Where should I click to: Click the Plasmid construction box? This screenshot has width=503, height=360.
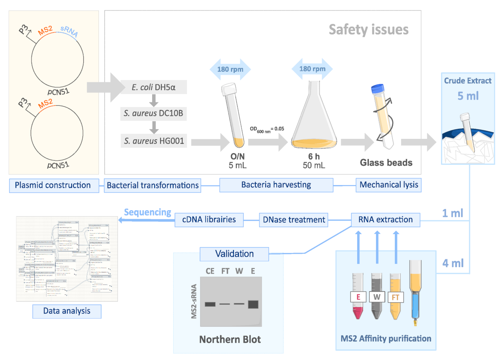point(52,185)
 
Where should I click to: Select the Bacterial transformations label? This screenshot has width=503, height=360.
point(153,185)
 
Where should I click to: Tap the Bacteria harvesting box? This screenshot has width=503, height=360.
point(276,185)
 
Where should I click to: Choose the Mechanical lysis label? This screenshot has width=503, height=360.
point(389,185)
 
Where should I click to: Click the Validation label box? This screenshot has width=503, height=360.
point(234,254)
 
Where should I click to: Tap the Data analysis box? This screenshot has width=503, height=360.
point(67,311)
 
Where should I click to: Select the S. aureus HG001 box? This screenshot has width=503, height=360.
point(154,141)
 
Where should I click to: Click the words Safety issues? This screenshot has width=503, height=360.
point(368,30)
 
